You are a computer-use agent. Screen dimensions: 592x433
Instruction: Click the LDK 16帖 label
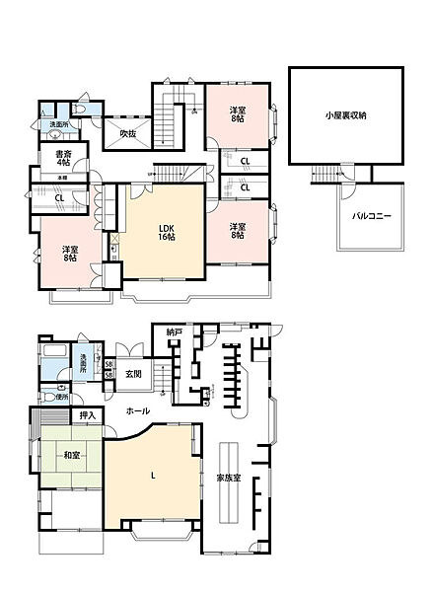point(167,234)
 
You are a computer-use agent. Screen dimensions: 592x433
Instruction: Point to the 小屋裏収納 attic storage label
point(345,115)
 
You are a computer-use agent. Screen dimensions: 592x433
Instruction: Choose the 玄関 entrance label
point(132,374)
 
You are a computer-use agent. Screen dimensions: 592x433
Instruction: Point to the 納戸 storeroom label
point(174,333)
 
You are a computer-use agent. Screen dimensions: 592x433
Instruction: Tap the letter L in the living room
point(152,478)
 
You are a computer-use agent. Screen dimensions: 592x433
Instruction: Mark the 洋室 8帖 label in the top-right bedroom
point(238,114)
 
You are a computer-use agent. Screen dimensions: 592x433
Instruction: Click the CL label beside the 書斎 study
point(59,198)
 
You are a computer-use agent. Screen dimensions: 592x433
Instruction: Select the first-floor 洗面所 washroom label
point(84,362)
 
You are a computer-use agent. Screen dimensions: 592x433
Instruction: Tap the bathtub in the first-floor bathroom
point(54,357)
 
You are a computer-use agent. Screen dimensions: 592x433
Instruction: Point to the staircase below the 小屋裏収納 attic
point(326,176)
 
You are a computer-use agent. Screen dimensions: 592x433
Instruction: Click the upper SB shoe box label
point(108,365)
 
